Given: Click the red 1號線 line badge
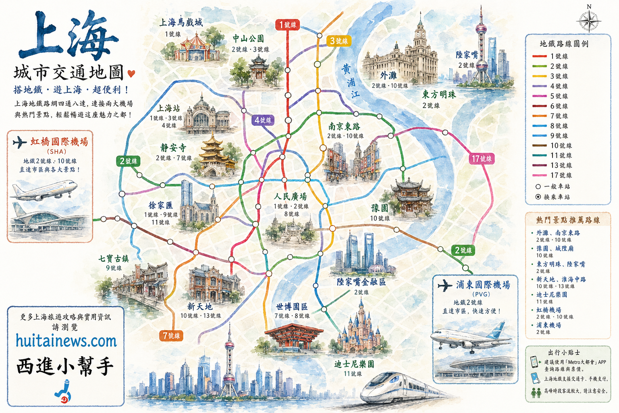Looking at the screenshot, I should pyautogui.click(x=288, y=25).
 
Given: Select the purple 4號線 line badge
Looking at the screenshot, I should pyautogui.click(x=263, y=120).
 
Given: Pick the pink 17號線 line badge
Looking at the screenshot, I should pyautogui.click(x=482, y=159).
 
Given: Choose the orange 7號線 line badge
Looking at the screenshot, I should pyautogui.click(x=171, y=336).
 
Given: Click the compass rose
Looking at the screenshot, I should pyautogui.click(x=589, y=20).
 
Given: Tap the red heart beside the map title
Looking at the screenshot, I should pyautogui.click(x=131, y=73).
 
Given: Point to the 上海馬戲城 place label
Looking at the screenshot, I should pyautogui.click(x=181, y=23).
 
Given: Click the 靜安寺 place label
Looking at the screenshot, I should pyautogui.click(x=173, y=148).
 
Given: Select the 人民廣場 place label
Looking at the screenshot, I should pyautogui.click(x=291, y=197).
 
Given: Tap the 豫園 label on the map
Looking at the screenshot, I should pyautogui.click(x=380, y=208).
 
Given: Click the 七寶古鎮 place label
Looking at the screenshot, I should pyautogui.click(x=114, y=259).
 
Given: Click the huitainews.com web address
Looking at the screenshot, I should pyautogui.click(x=66, y=341).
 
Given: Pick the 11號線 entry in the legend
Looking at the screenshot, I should pyautogui.click(x=559, y=155).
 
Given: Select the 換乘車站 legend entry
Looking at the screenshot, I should pyautogui.click(x=557, y=197).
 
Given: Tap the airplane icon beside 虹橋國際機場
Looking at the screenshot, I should pyautogui.click(x=19, y=142).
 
